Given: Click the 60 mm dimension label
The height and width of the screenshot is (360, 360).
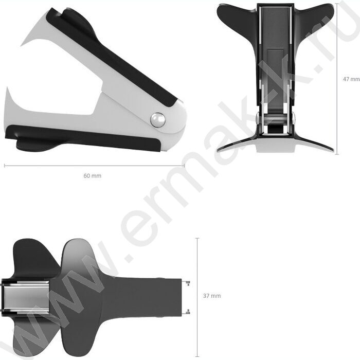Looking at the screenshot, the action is coord(92,176).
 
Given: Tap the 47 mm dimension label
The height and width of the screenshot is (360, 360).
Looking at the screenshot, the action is coord(351,79).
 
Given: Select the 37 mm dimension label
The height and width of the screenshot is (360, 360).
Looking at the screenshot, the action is coord(212,296).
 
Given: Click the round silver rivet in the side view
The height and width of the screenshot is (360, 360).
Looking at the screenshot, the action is coord(158,120).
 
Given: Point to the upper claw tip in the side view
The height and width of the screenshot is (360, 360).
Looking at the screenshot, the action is coord(21,46).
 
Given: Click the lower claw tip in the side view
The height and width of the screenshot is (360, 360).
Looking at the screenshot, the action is coord(7,87).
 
